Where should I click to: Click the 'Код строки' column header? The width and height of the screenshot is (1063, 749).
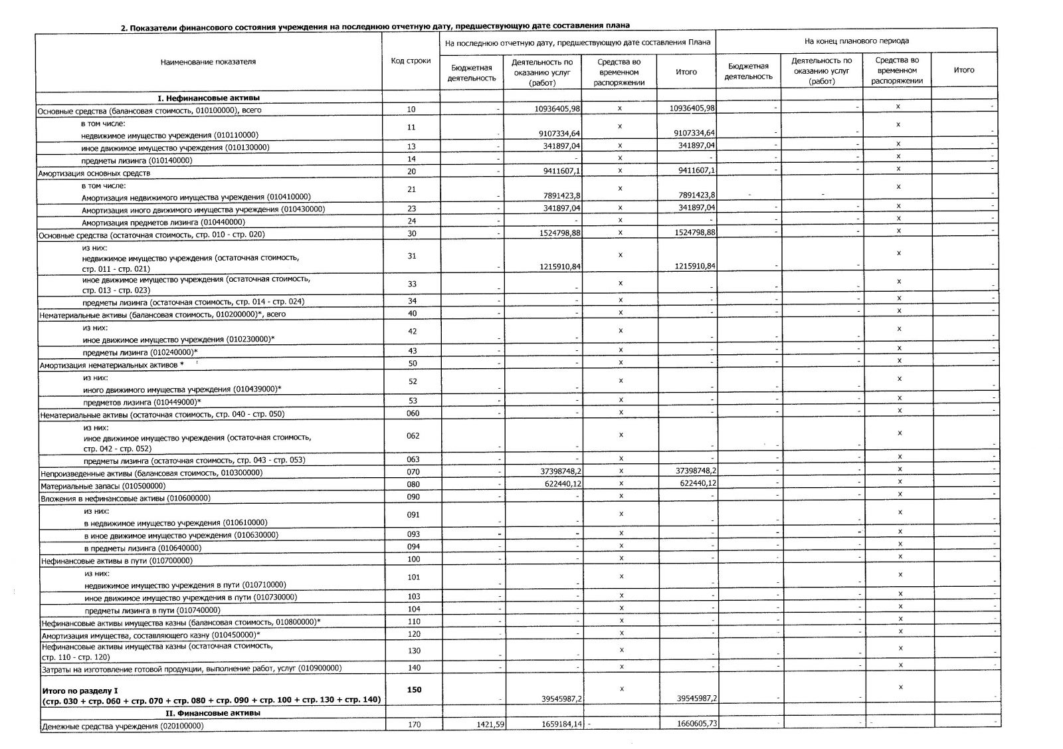(411, 61)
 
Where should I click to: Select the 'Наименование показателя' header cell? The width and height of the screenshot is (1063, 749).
(208, 62)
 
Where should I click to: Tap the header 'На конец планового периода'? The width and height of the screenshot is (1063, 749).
(856, 41)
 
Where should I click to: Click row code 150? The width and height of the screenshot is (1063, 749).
(413, 690)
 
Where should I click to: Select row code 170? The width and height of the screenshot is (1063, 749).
(413, 725)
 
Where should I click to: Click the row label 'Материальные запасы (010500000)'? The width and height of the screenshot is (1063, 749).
(103, 486)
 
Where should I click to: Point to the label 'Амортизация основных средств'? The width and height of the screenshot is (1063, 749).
(94, 173)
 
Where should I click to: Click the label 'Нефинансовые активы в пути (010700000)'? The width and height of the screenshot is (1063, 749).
(116, 560)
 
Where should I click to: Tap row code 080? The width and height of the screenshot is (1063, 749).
(413, 484)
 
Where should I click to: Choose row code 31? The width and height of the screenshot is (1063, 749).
(411, 256)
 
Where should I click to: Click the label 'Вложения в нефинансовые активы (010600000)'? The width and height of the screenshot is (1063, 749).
(126, 498)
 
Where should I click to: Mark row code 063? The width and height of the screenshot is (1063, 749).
(413, 459)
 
